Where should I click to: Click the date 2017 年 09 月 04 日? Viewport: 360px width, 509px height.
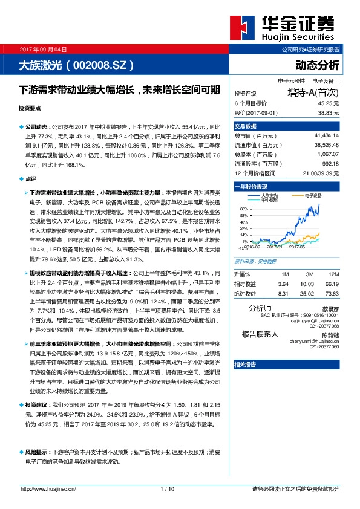click(44, 49)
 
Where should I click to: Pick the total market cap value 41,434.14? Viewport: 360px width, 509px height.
click(327, 137)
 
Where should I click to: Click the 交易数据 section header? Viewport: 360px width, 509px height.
click(246, 126)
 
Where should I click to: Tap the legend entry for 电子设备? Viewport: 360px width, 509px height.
click(313, 196)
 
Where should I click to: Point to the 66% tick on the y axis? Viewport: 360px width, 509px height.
click(244, 208)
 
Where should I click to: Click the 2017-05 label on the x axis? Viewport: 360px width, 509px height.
click(296, 246)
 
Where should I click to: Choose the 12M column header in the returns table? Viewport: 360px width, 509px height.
click(334, 274)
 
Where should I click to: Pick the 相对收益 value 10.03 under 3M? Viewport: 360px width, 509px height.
click(308, 284)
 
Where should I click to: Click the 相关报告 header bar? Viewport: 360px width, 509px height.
click(246, 365)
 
